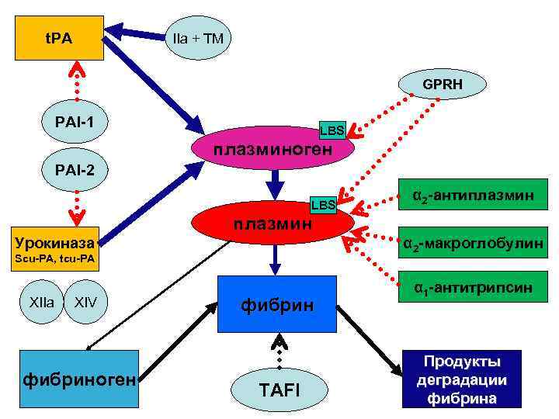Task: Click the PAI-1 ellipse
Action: tap(75, 122)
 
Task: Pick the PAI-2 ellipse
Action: tap(75, 168)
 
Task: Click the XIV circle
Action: tap(85, 301)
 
